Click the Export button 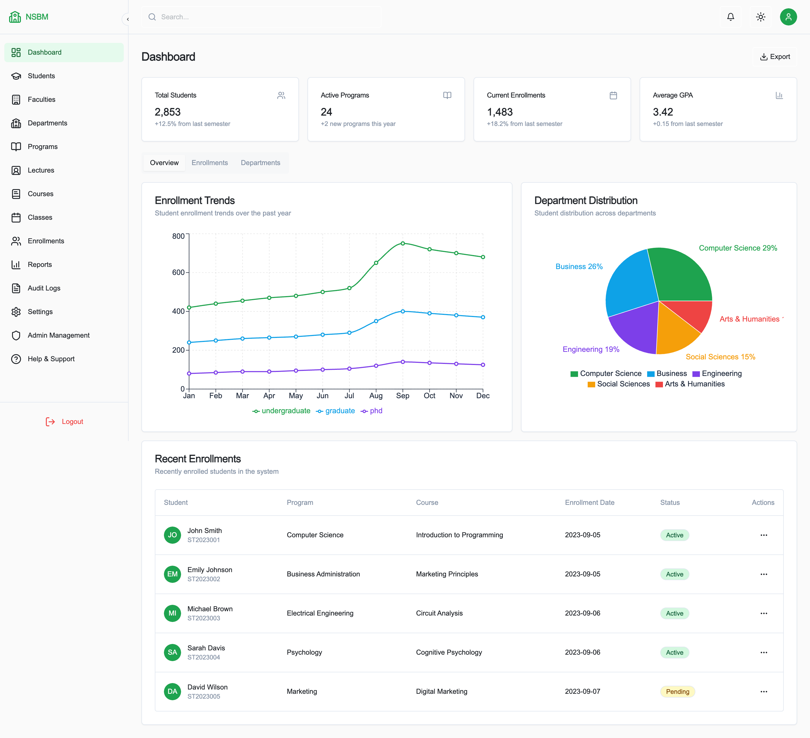click(x=775, y=57)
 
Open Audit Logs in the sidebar click(x=44, y=288)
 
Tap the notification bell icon click(x=730, y=17)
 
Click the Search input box click(x=261, y=17)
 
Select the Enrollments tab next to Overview click(x=209, y=163)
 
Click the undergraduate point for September click(x=403, y=243)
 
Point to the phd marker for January click(x=189, y=374)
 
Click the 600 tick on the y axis click(x=178, y=273)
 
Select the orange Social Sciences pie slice click(x=675, y=334)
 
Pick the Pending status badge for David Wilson click(x=677, y=691)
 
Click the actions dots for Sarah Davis click(x=763, y=652)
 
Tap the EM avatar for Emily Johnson click(x=172, y=574)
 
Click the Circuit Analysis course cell click(x=439, y=613)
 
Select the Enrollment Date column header click(x=589, y=502)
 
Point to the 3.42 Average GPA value click(x=663, y=112)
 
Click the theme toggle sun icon click(x=760, y=17)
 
